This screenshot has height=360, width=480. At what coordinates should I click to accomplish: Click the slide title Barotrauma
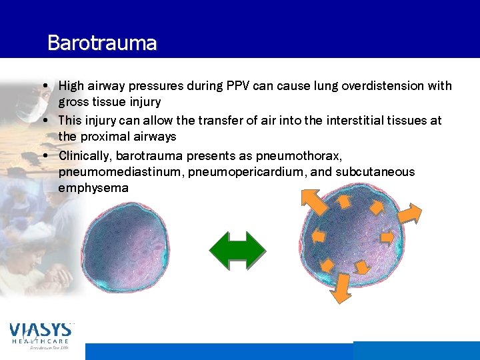pyautogui.click(x=102, y=43)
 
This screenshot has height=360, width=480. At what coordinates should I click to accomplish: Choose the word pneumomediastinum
pyautogui.click(x=121, y=172)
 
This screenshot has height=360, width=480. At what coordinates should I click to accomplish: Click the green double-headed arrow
pyautogui.click(x=237, y=251)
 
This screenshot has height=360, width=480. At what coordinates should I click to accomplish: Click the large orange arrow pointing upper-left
pyautogui.click(x=313, y=200)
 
